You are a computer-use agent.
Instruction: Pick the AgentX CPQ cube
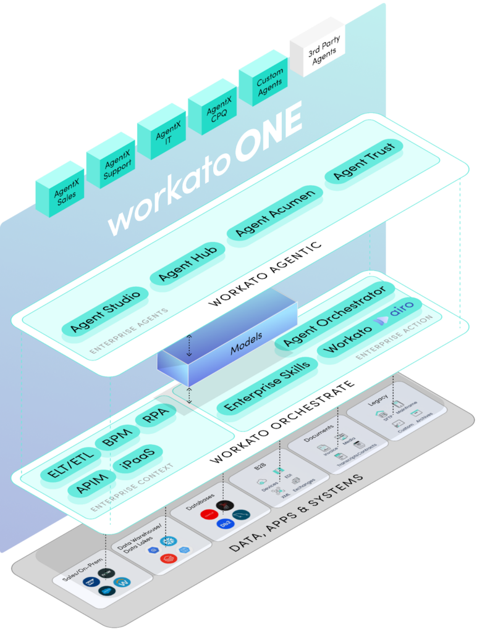tap(213, 105)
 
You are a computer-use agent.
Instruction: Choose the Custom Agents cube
tap(264, 78)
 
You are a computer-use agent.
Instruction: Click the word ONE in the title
tap(267, 132)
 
